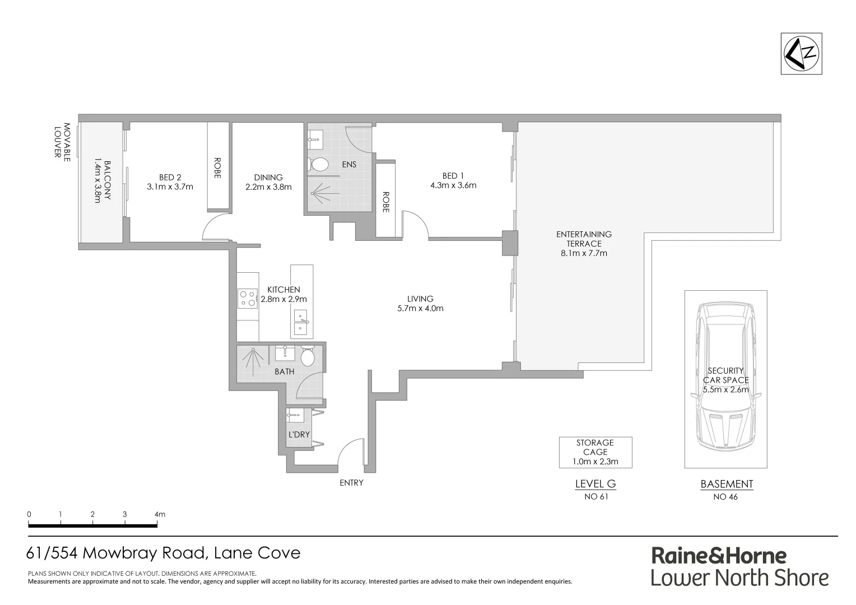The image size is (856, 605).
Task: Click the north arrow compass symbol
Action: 802,54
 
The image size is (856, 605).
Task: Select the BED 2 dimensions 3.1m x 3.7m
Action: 170,187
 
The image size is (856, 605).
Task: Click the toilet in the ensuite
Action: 319,165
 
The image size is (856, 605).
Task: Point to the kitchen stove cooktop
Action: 247,297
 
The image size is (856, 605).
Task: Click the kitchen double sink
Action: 301,322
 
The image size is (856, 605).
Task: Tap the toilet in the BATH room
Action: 308,357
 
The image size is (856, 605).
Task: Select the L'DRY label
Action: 299,435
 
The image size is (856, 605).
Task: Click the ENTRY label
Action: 351,483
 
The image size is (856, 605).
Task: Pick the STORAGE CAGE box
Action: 595,452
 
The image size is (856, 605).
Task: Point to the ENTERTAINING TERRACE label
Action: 584,239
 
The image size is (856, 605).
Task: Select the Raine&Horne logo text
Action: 719,556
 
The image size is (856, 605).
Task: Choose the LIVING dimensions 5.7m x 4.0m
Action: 420,308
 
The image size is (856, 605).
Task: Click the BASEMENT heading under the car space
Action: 726,485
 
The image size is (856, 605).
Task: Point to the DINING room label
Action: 268,178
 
